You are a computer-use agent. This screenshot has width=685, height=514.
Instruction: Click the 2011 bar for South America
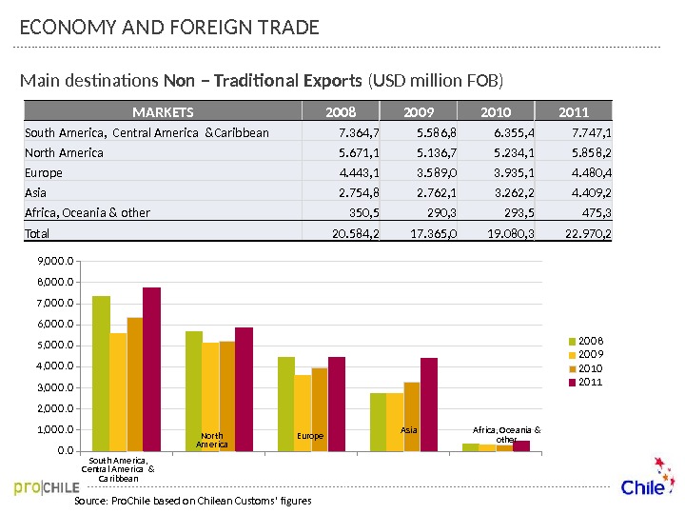coord(152,368)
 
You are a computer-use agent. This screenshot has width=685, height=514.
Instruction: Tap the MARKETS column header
coord(163,111)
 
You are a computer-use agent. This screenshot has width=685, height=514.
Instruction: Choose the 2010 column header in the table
coord(497,111)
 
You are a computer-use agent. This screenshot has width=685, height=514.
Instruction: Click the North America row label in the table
coord(64,152)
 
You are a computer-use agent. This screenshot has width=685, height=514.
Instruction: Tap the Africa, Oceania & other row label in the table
coord(88,212)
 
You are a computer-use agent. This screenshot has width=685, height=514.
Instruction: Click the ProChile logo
coord(47,488)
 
